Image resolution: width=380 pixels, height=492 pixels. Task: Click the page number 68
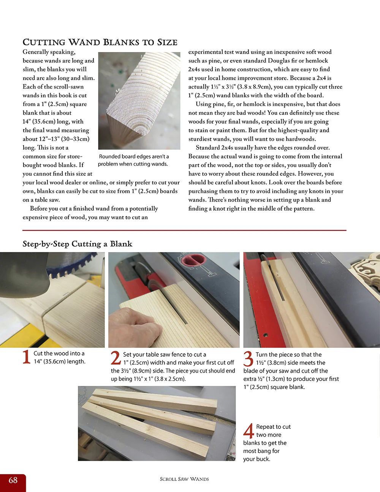coord(13,480)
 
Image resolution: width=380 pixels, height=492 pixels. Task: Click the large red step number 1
coord(26,357)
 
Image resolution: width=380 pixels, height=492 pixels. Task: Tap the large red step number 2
coord(116,358)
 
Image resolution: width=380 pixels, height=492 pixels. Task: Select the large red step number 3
coord(248,359)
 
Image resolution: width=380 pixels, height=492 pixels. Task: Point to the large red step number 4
coord(249,431)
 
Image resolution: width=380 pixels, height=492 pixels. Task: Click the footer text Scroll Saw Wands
coord(184,479)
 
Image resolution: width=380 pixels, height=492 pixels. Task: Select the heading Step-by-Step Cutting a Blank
coord(77,244)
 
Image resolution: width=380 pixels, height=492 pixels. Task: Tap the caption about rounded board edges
coord(133,160)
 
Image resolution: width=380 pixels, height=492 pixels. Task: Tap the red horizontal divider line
coord(184,230)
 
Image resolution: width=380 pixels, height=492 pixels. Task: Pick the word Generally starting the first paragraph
coord(36,52)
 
